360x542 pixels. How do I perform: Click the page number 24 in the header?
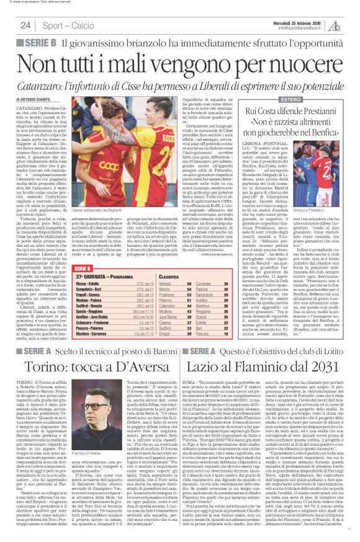pos(25,25)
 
